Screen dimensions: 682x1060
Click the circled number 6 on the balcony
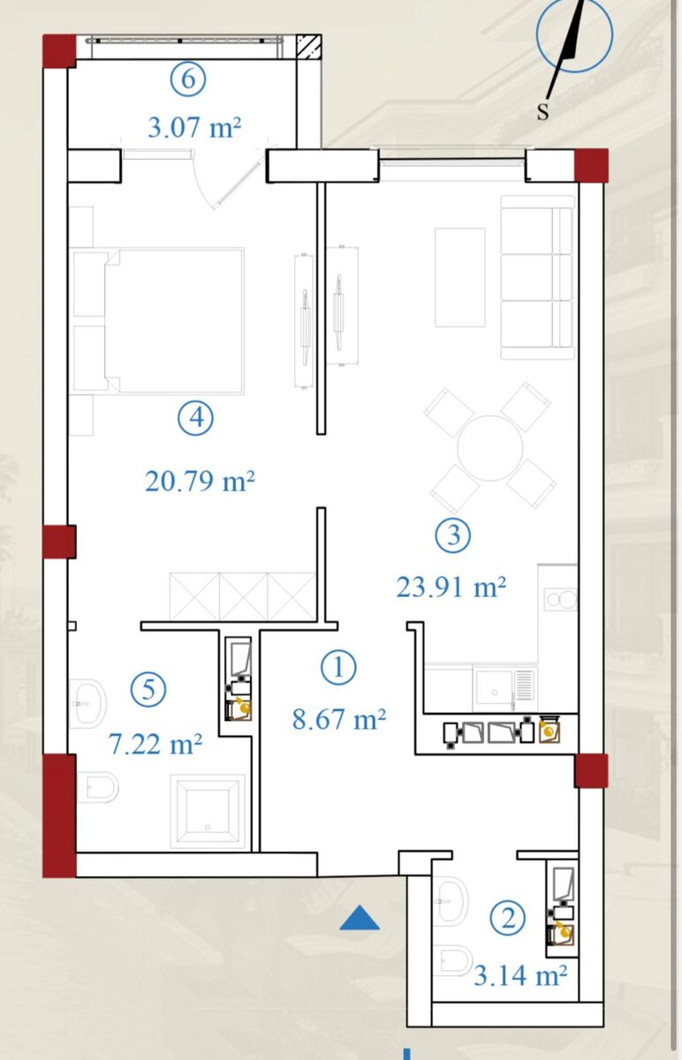point(188,79)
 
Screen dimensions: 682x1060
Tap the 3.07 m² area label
point(194,128)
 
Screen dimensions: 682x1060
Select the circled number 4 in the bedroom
point(195,419)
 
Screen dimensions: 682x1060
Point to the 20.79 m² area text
point(200,481)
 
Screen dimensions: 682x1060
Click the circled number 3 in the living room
point(453,535)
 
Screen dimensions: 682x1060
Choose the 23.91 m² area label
point(451,587)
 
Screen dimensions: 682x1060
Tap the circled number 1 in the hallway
point(338,667)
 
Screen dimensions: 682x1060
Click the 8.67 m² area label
point(339,719)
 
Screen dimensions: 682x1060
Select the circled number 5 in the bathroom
point(148,690)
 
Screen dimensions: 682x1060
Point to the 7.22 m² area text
point(155,744)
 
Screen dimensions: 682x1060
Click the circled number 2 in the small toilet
point(507,919)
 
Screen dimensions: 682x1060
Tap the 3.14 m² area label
point(520,975)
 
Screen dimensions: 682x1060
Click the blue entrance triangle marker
point(360,918)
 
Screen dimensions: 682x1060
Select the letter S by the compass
point(542,111)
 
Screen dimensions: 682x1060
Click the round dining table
point(489,448)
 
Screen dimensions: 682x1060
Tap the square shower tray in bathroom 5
point(208,811)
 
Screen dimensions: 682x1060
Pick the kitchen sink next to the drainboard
point(493,691)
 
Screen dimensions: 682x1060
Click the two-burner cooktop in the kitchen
point(560,600)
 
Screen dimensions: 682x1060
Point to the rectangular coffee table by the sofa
point(460,277)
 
